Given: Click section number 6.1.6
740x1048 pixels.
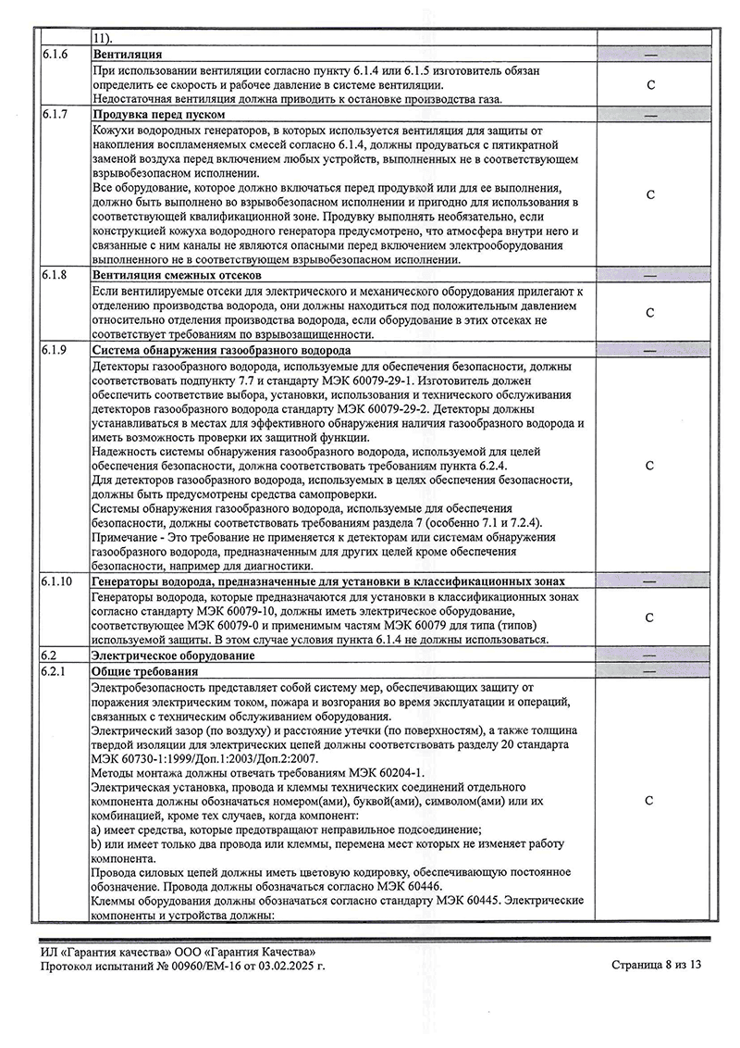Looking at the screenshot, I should pos(55,56).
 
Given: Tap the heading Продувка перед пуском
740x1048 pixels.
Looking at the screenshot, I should pos(158,114).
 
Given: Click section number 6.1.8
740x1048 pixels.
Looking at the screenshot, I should pos(55,276).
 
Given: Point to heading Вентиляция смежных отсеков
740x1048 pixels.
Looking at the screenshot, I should pos(178,276).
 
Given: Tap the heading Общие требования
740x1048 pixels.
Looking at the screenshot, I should pos(139,670).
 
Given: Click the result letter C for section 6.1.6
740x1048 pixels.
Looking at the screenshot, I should pos(650,85).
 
